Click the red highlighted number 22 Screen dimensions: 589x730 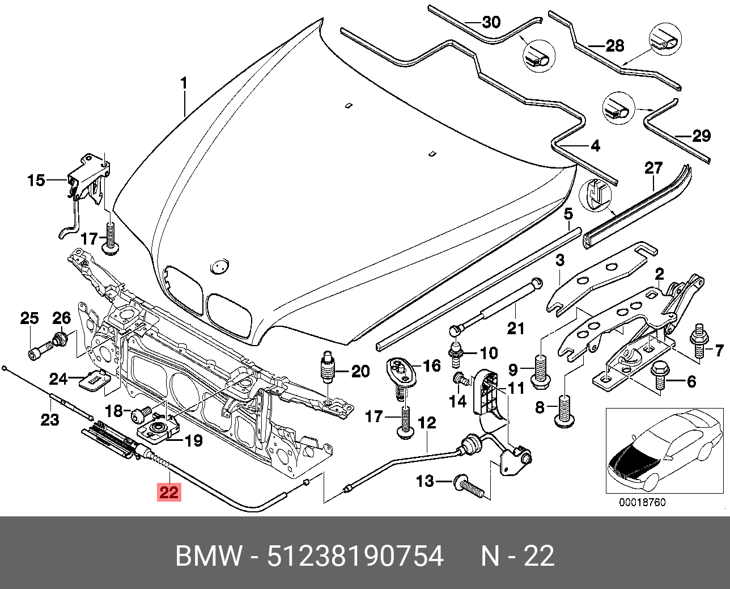169,491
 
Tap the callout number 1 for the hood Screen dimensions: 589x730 184,83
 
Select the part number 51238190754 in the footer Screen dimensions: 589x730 355,556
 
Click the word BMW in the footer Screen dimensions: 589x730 208,556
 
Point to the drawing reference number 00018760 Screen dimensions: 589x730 642,502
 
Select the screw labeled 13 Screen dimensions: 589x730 468,485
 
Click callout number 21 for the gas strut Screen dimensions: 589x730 515,328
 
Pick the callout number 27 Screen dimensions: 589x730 653,168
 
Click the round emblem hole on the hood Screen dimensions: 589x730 219,266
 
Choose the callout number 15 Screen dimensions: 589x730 36,180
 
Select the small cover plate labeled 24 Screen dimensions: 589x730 93,378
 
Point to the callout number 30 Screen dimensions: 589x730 491,22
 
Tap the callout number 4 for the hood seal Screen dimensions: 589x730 595,146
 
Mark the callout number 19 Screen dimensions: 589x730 194,440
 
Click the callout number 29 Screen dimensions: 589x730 702,136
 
